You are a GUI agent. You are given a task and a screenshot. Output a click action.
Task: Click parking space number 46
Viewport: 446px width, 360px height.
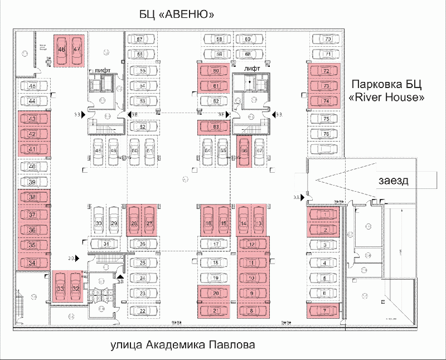click(62, 50)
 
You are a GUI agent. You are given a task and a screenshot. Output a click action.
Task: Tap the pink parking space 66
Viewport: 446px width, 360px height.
click(244, 152)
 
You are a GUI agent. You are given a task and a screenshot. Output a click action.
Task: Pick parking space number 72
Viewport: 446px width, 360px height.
click(326, 71)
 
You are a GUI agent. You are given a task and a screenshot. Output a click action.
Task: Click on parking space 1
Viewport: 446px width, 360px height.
click(324, 215)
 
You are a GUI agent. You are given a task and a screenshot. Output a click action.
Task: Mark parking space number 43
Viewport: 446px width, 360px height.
click(33, 119)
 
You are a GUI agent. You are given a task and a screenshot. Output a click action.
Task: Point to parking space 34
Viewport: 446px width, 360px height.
click(33, 262)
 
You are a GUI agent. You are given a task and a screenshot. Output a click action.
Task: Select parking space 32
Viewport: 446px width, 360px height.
click(75, 288)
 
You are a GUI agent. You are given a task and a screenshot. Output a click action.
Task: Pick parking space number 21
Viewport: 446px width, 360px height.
click(215, 310)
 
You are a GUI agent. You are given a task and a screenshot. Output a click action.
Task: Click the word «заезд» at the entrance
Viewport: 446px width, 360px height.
click(394, 181)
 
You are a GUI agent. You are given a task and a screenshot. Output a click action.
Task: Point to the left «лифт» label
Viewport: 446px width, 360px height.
click(105, 70)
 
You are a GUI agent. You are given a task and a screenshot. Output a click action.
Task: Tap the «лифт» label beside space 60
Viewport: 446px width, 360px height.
click(256, 67)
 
